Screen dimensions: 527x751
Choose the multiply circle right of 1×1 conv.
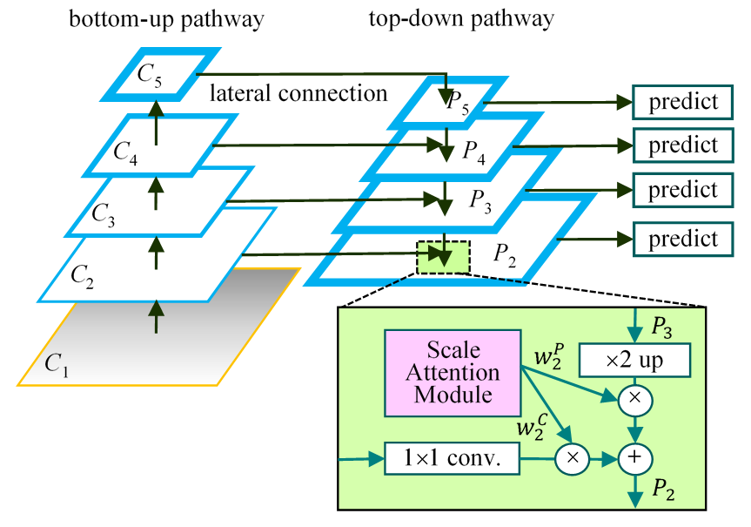(572, 456)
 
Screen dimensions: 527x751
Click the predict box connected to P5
(682, 103)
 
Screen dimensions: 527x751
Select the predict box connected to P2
(682, 238)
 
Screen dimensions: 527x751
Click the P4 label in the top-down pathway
(474, 154)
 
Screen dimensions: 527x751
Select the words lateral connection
(298, 92)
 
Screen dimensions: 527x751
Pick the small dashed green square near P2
(443, 256)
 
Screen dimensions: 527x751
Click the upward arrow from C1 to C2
(157, 315)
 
